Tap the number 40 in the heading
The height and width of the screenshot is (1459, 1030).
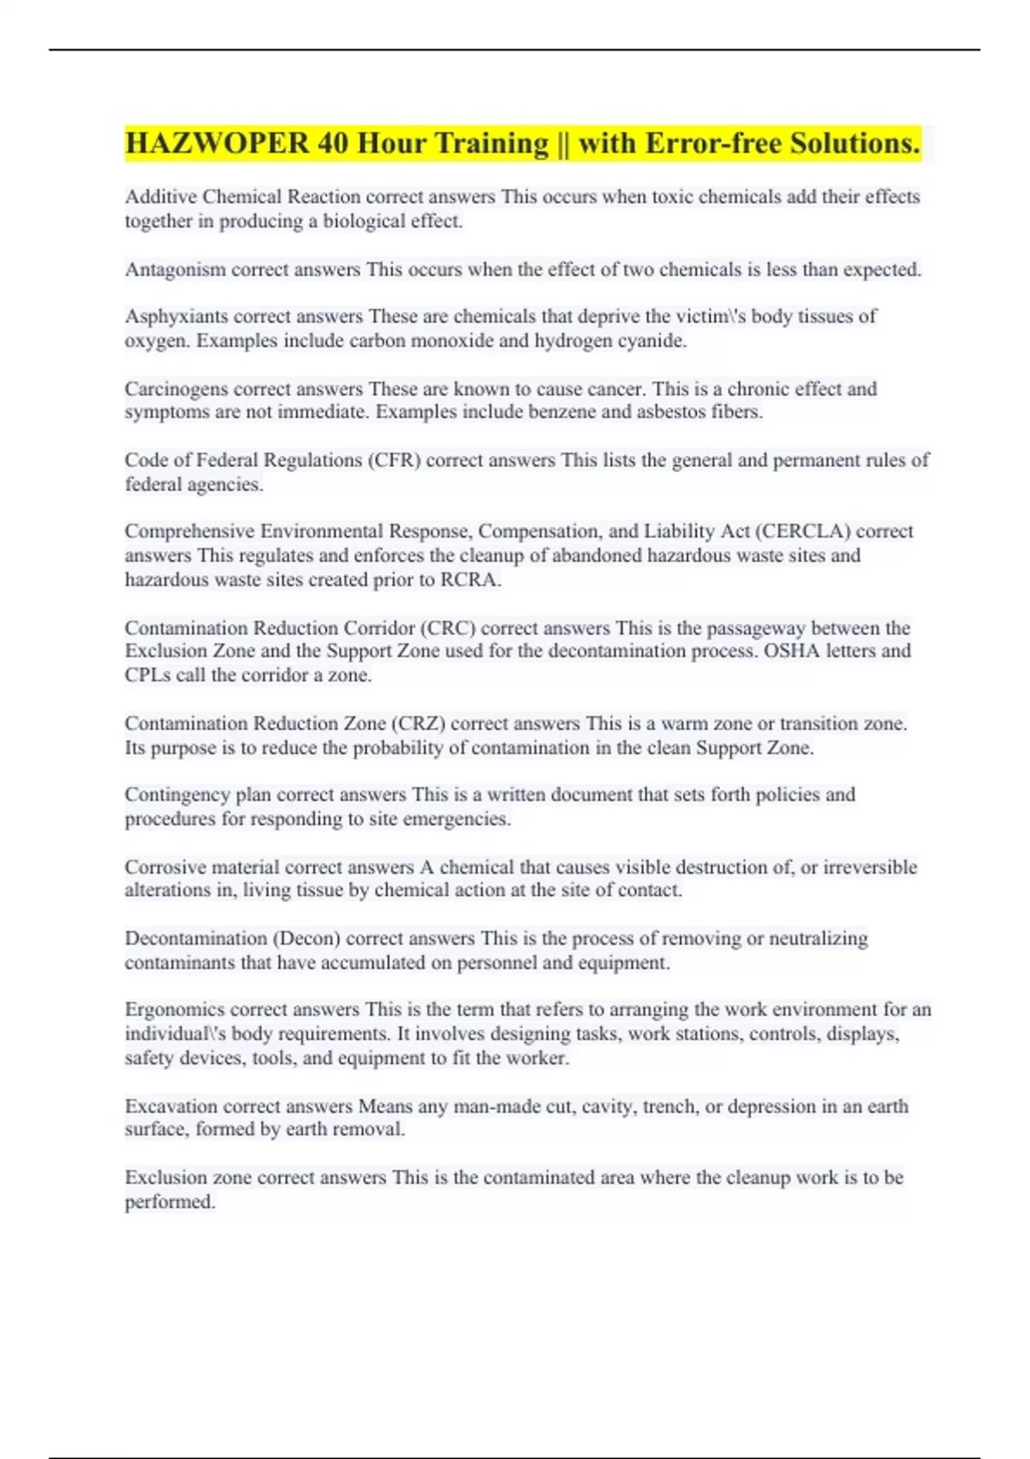click(x=332, y=142)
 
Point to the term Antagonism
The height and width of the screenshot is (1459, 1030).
click(x=175, y=269)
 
